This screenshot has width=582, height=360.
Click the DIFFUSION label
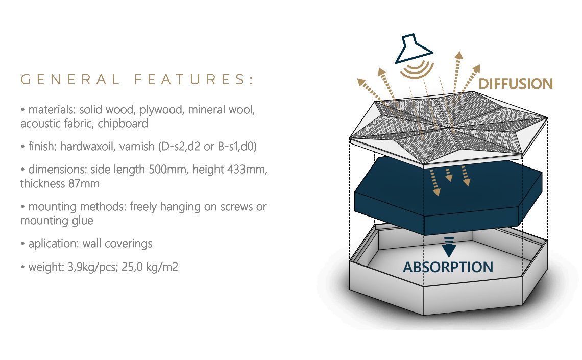coord(516,84)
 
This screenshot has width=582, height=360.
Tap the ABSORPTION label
coord(448,267)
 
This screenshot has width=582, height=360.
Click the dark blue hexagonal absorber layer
coord(448,196)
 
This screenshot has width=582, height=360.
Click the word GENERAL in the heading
coord(70,80)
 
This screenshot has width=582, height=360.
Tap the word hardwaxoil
coord(87,146)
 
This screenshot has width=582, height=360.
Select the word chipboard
coord(123,124)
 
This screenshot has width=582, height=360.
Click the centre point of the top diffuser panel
coord(449,128)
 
